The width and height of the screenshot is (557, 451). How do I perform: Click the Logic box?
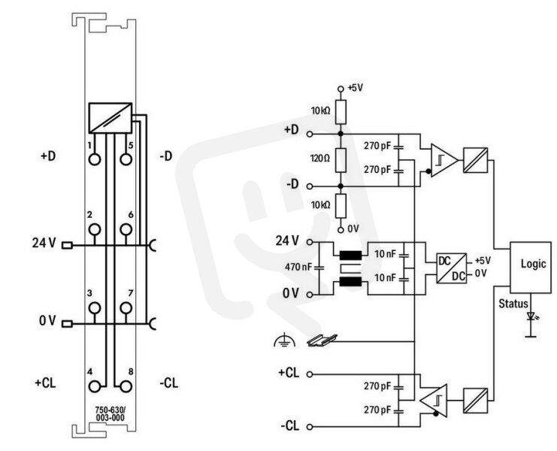pyautogui.click(x=531, y=268)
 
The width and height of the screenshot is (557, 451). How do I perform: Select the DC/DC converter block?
pyautogui.click(x=451, y=268)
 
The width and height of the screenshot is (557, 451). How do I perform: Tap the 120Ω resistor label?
pyautogui.click(x=320, y=159)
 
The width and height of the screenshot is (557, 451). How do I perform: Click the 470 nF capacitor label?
pyautogui.click(x=298, y=266)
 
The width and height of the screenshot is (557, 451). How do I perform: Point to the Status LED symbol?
pyautogui.click(x=531, y=316)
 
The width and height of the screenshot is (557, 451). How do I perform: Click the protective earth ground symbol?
pyautogui.click(x=285, y=340)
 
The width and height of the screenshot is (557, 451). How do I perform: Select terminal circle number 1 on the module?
pyautogui.click(x=95, y=159)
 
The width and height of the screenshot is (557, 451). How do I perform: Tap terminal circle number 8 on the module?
pyautogui.click(x=126, y=386)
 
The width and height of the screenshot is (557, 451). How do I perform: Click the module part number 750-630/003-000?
pyautogui.click(x=110, y=413)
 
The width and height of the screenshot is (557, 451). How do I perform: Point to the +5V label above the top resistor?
pyautogui.click(x=356, y=88)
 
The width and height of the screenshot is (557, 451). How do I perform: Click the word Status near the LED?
pyautogui.click(x=513, y=304)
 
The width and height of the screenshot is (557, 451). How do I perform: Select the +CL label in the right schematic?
pyautogui.click(x=289, y=373)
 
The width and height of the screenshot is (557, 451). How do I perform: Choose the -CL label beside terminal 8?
pyautogui.click(x=168, y=383)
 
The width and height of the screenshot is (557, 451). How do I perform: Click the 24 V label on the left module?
pyautogui.click(x=44, y=243)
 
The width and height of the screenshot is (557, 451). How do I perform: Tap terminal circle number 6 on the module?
pyautogui.click(x=126, y=229)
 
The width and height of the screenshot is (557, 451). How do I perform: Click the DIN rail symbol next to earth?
pyautogui.click(x=322, y=341)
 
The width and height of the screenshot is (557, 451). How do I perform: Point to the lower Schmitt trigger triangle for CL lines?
pyautogui.click(x=434, y=400)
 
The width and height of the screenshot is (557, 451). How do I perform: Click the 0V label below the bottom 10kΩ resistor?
pyautogui.click(x=353, y=229)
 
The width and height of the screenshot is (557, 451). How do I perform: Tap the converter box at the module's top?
pyautogui.click(x=110, y=118)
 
